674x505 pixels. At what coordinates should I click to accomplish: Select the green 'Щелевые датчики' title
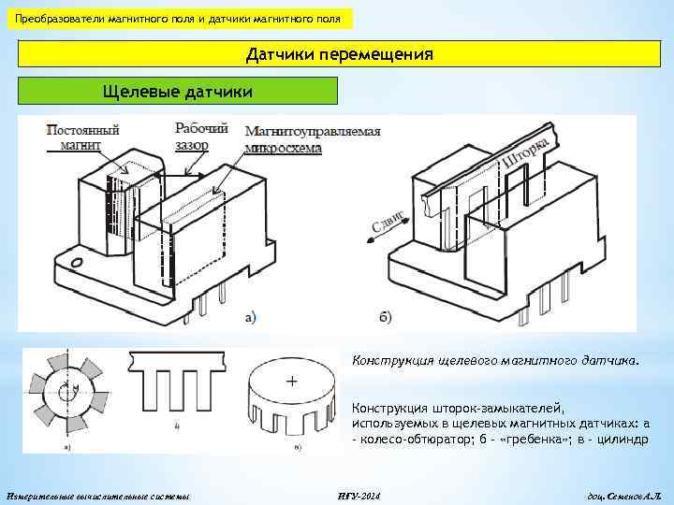pyautogui.click(x=176, y=91)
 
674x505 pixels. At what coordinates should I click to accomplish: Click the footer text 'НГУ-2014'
pyautogui.click(x=359, y=493)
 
